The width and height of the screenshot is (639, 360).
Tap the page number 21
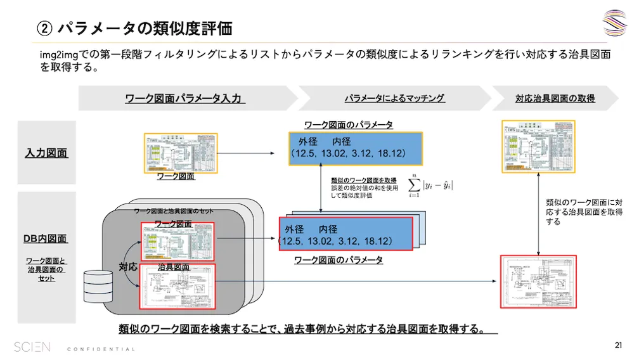point(618,345)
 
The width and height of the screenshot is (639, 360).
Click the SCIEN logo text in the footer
point(32,347)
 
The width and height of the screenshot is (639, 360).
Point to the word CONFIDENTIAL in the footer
point(101,349)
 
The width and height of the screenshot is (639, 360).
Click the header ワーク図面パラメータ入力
point(184,99)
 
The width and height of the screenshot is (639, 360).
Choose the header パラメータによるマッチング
point(394,98)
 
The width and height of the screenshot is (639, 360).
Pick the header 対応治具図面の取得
point(555,98)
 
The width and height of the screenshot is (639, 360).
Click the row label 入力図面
point(46,153)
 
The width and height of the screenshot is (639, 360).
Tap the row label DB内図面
point(46,238)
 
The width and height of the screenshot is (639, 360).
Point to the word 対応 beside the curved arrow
point(128,267)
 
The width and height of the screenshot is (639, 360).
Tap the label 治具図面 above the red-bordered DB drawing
point(173,267)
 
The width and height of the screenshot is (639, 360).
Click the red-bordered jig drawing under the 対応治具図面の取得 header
point(539,281)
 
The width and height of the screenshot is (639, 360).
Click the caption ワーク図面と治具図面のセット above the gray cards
point(174,211)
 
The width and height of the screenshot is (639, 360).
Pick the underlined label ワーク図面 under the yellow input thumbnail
point(176,177)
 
